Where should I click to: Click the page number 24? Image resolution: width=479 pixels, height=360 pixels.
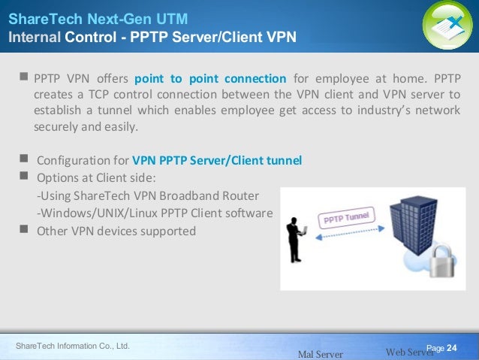(452, 347)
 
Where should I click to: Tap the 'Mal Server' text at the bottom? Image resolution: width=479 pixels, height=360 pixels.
(321, 353)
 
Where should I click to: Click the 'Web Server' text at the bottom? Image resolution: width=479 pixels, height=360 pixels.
(408, 352)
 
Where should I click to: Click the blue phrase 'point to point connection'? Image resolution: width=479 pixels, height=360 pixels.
(210, 79)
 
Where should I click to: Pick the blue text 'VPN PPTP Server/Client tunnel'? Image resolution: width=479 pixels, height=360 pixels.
(217, 160)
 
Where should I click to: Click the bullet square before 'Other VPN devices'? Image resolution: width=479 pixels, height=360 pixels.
(25, 229)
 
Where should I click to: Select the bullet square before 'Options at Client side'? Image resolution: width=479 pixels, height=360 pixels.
(25, 177)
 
